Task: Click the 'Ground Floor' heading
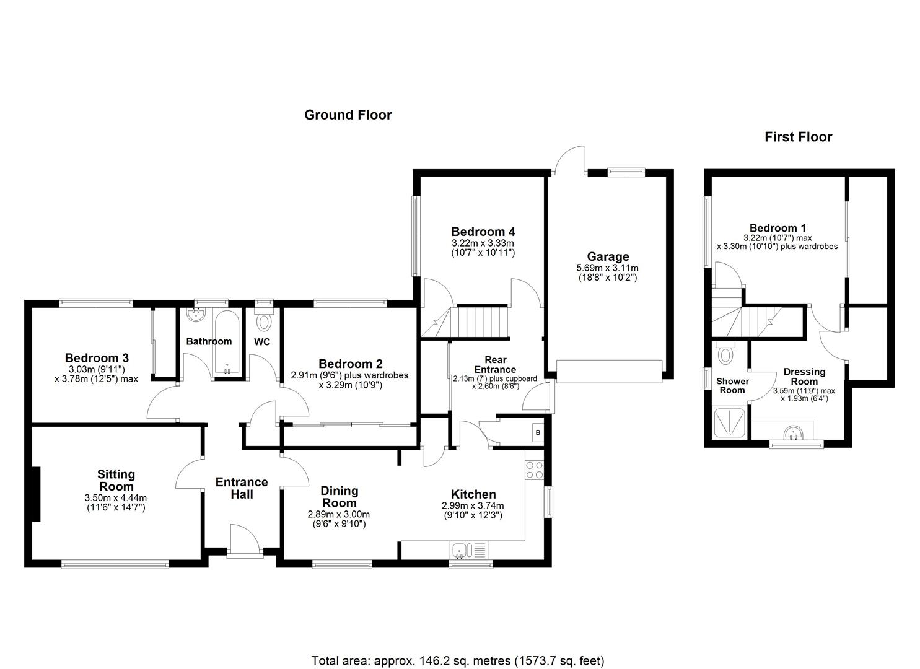pyautogui.click(x=348, y=115)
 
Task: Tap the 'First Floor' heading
pyautogui.click(x=798, y=137)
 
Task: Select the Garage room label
pyautogui.click(x=608, y=256)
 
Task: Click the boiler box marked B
pyautogui.click(x=538, y=432)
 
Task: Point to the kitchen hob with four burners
pyautogui.click(x=535, y=470)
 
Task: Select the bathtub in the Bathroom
pyautogui.click(x=227, y=342)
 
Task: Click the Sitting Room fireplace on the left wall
pyautogui.click(x=37, y=494)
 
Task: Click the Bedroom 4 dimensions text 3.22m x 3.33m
pyautogui.click(x=483, y=243)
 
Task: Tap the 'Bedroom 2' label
pyautogui.click(x=350, y=364)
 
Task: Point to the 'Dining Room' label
pyautogui.click(x=339, y=497)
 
